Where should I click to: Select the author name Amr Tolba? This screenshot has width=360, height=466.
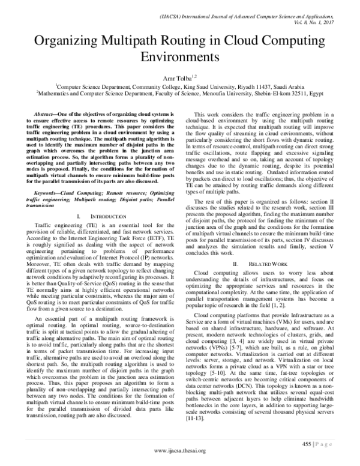[x=178, y=78]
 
